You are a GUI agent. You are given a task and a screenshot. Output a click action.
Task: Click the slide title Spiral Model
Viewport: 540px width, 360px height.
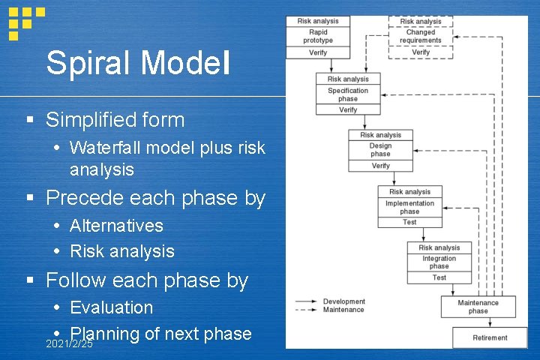138,63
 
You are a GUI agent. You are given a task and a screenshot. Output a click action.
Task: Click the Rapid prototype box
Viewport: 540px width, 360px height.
318,37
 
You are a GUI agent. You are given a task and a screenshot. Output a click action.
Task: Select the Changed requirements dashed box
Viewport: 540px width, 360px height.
421,37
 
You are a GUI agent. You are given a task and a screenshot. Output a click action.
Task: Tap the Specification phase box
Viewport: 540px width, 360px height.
348,94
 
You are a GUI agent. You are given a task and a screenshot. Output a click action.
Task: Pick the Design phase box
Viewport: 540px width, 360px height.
380,150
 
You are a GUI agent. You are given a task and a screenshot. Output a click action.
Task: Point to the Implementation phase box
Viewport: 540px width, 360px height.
409,207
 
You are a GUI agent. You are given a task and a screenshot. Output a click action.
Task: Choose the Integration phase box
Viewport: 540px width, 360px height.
439,262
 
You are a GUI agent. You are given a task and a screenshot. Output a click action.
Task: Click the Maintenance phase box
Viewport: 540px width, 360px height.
478,307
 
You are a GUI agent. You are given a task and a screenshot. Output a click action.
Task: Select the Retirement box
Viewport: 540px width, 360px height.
490,337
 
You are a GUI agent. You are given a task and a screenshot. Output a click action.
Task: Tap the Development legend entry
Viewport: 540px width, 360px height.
343,301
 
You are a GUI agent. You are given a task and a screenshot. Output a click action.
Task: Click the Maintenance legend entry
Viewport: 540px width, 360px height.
343,310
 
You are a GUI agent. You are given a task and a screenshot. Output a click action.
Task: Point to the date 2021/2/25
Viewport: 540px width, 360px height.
69,344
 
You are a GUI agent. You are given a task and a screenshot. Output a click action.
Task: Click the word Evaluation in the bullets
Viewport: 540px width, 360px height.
111,307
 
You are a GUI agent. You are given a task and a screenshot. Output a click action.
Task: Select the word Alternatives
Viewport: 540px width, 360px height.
116,226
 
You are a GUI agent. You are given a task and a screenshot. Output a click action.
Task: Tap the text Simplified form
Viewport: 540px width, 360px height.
115,119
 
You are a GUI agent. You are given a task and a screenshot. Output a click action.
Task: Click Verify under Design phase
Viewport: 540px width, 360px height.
380,166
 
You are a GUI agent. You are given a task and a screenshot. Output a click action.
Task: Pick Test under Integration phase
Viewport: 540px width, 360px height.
439,277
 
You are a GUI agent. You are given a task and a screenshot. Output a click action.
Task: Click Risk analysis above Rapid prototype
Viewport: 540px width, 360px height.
318,21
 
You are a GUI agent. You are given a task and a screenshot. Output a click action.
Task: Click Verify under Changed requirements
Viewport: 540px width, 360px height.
421,52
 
